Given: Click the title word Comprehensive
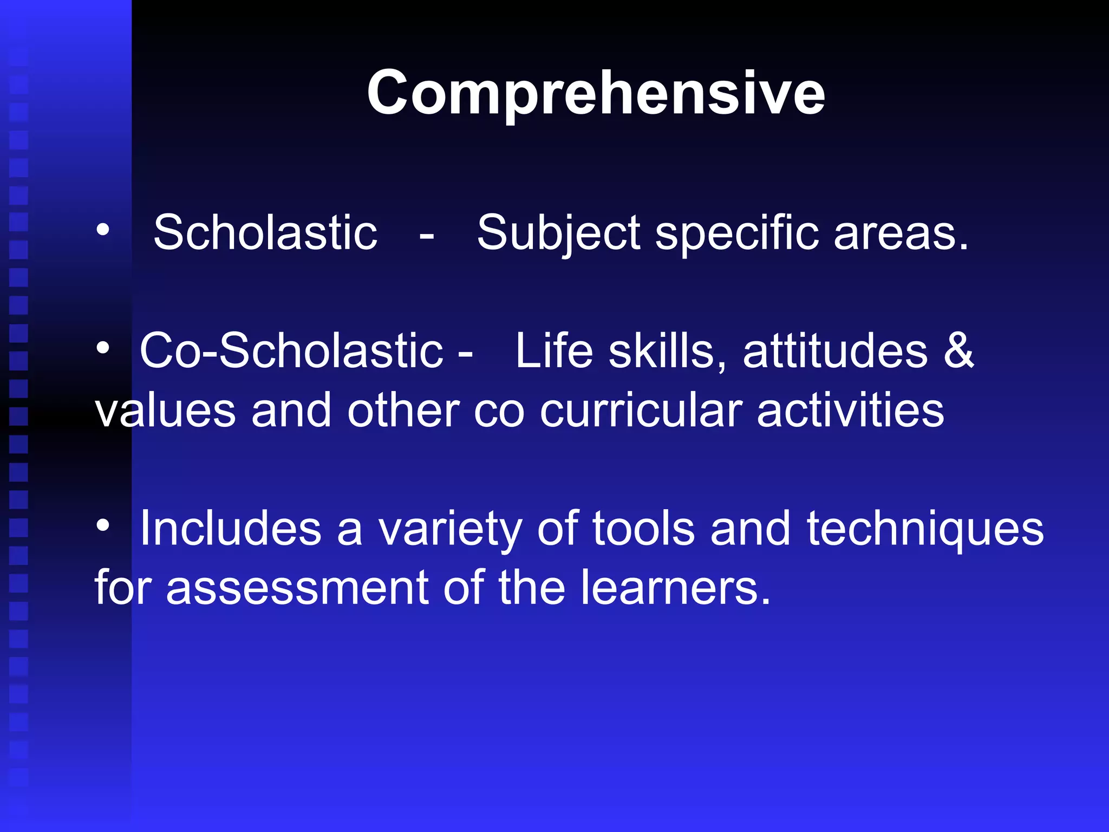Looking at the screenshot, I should (x=596, y=93).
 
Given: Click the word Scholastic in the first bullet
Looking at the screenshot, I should (x=265, y=233).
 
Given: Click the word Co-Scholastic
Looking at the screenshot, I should (x=291, y=351).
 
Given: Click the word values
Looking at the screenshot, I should (x=166, y=411).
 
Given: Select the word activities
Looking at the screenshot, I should (x=850, y=411).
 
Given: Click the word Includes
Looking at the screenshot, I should (x=231, y=529).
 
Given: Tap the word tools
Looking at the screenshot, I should (x=643, y=529).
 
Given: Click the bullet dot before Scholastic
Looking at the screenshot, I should (x=102, y=231).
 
